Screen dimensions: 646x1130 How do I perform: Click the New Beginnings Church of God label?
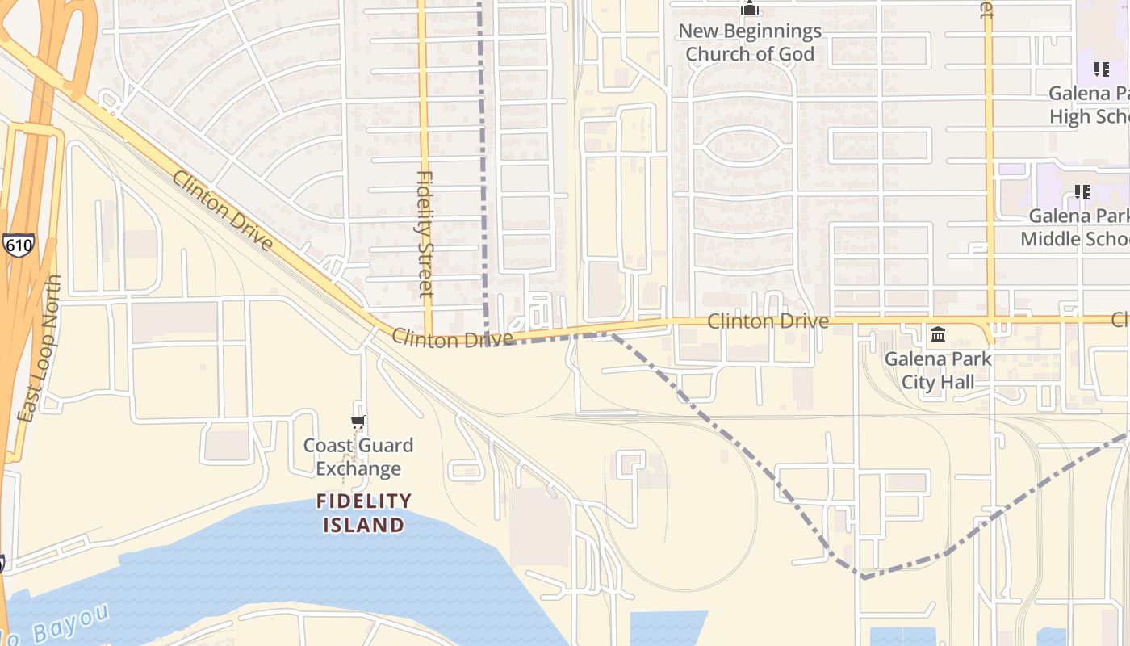(750, 43)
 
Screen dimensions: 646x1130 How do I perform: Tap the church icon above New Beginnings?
(750, 10)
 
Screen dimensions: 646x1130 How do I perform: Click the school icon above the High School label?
(1101, 69)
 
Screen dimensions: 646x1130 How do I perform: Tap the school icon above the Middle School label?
(1082, 192)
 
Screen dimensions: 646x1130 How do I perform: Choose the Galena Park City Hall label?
(937, 371)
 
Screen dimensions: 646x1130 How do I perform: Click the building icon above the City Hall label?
(938, 334)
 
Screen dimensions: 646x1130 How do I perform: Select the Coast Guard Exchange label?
(358, 457)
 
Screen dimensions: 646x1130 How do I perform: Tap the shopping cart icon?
(358, 422)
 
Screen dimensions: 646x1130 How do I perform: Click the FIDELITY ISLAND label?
(364, 513)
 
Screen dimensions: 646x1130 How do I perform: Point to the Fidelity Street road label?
(425, 233)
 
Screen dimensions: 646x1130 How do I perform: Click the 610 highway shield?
(18, 244)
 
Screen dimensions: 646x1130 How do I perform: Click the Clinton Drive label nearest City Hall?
(768, 321)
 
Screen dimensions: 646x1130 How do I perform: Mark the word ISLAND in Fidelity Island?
(364, 525)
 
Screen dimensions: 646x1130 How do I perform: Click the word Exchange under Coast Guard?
(358, 469)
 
